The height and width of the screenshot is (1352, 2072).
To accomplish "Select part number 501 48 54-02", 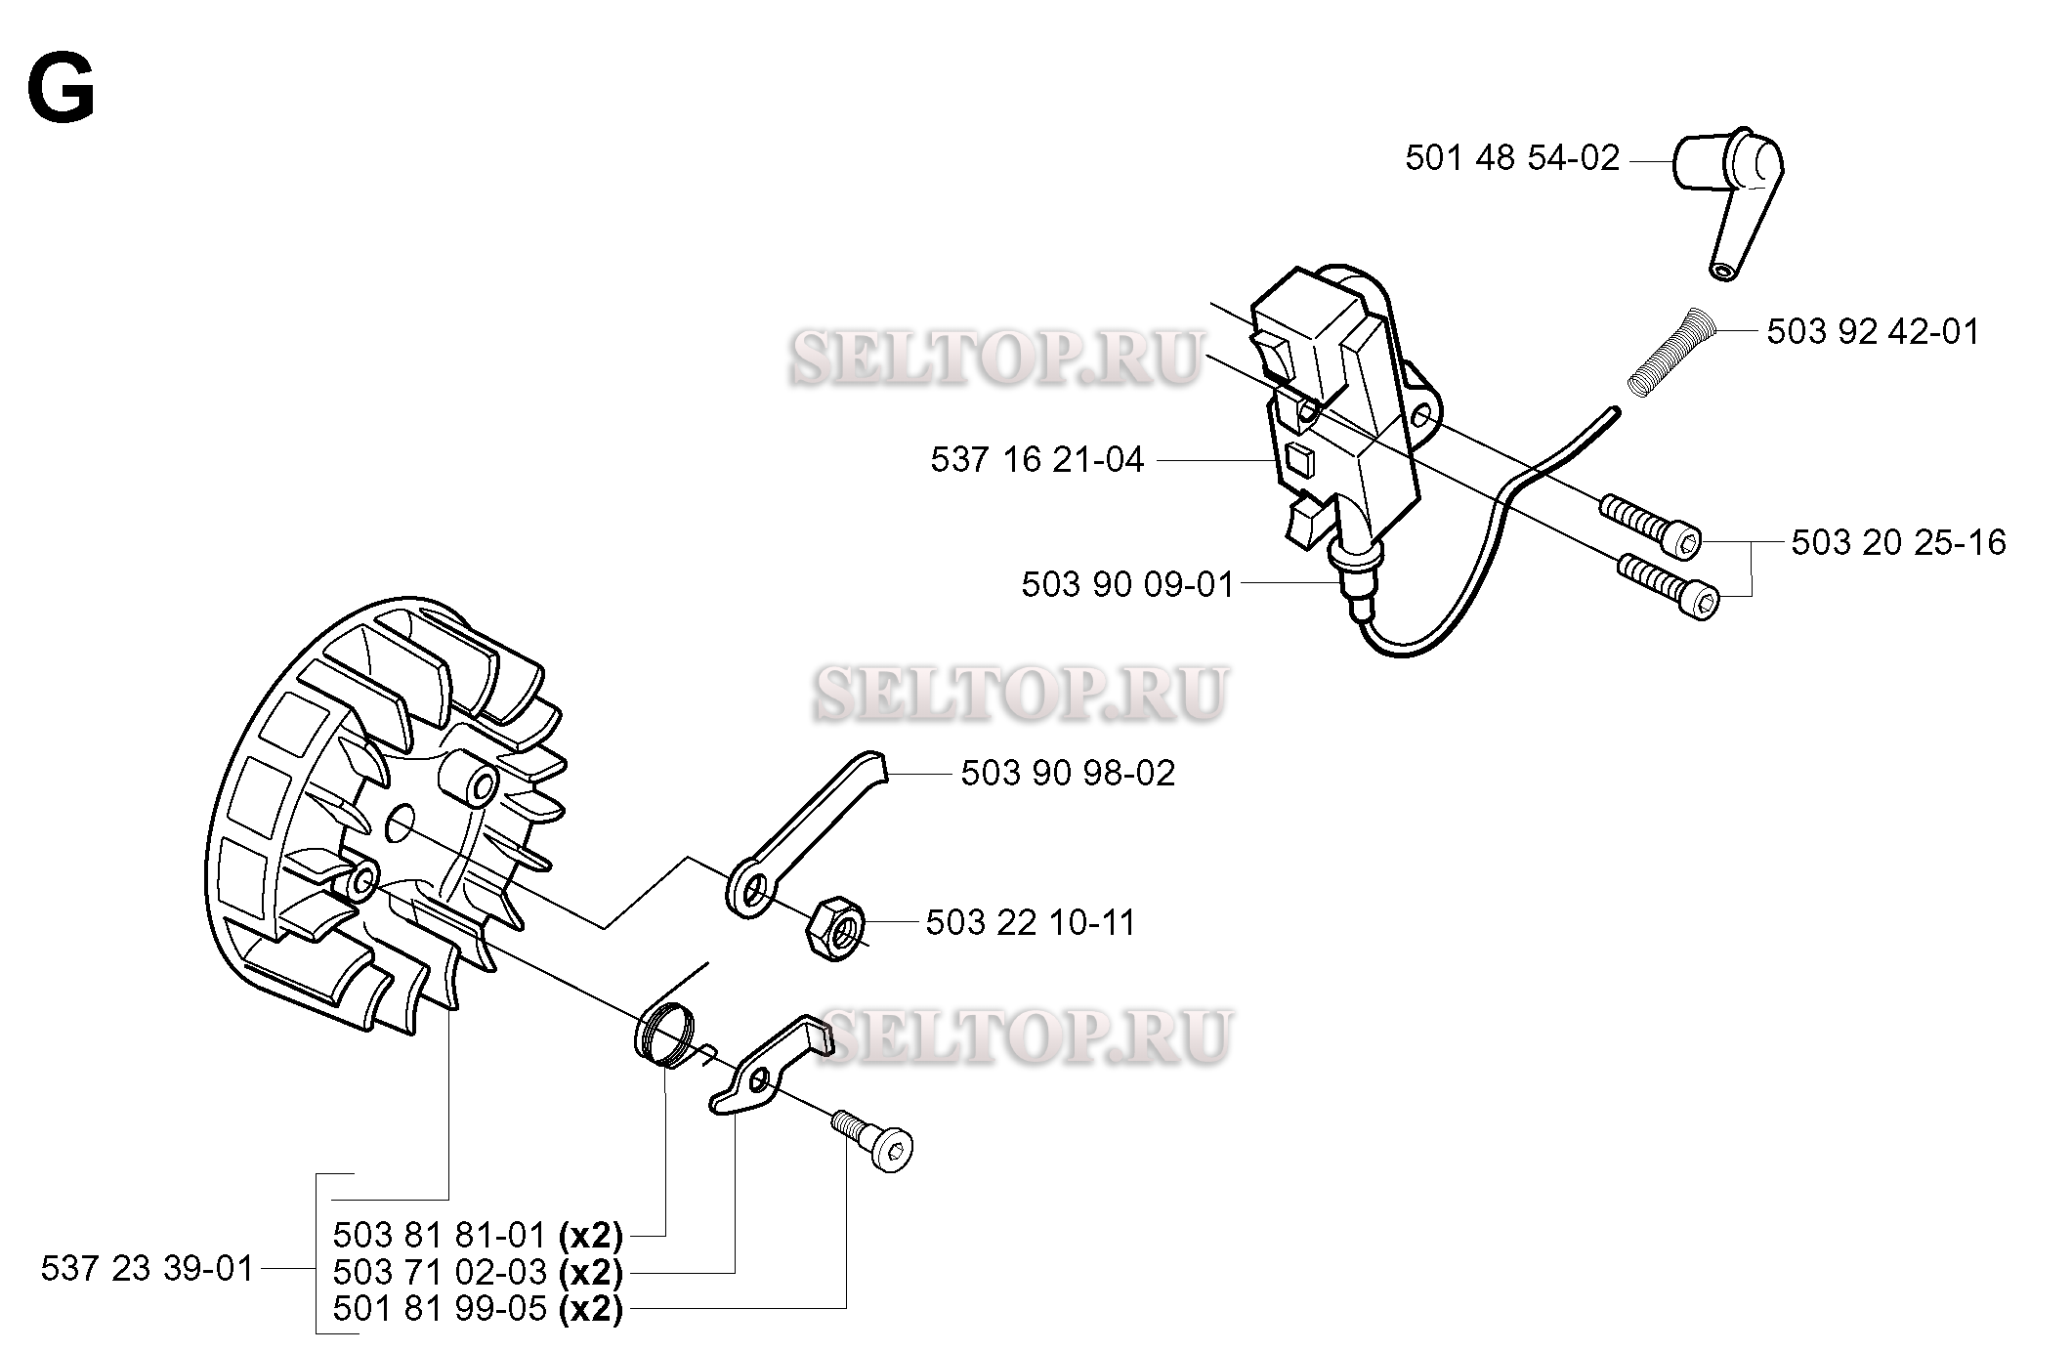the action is pos(1512,158).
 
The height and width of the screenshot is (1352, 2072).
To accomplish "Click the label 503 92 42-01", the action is pos(1873,332).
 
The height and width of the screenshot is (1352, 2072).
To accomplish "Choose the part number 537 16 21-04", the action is pos(1036,459).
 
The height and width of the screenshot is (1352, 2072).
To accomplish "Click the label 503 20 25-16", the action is pos(1898,542).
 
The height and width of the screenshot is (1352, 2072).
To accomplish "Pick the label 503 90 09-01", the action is pos(1128,584).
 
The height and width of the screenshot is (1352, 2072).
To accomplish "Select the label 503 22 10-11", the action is pos(1031,922).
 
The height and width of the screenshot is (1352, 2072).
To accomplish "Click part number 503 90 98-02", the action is pos(1068,774).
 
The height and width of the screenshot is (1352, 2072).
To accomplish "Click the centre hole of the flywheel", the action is pos(400,826).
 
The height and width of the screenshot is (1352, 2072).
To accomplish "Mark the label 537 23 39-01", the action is pos(148,1269).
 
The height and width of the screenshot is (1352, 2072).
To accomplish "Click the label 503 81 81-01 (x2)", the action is pos(478,1236).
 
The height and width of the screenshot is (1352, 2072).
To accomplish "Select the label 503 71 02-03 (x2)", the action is pos(478,1272).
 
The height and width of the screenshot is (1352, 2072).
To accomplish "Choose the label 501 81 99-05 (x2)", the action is pos(478,1308).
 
